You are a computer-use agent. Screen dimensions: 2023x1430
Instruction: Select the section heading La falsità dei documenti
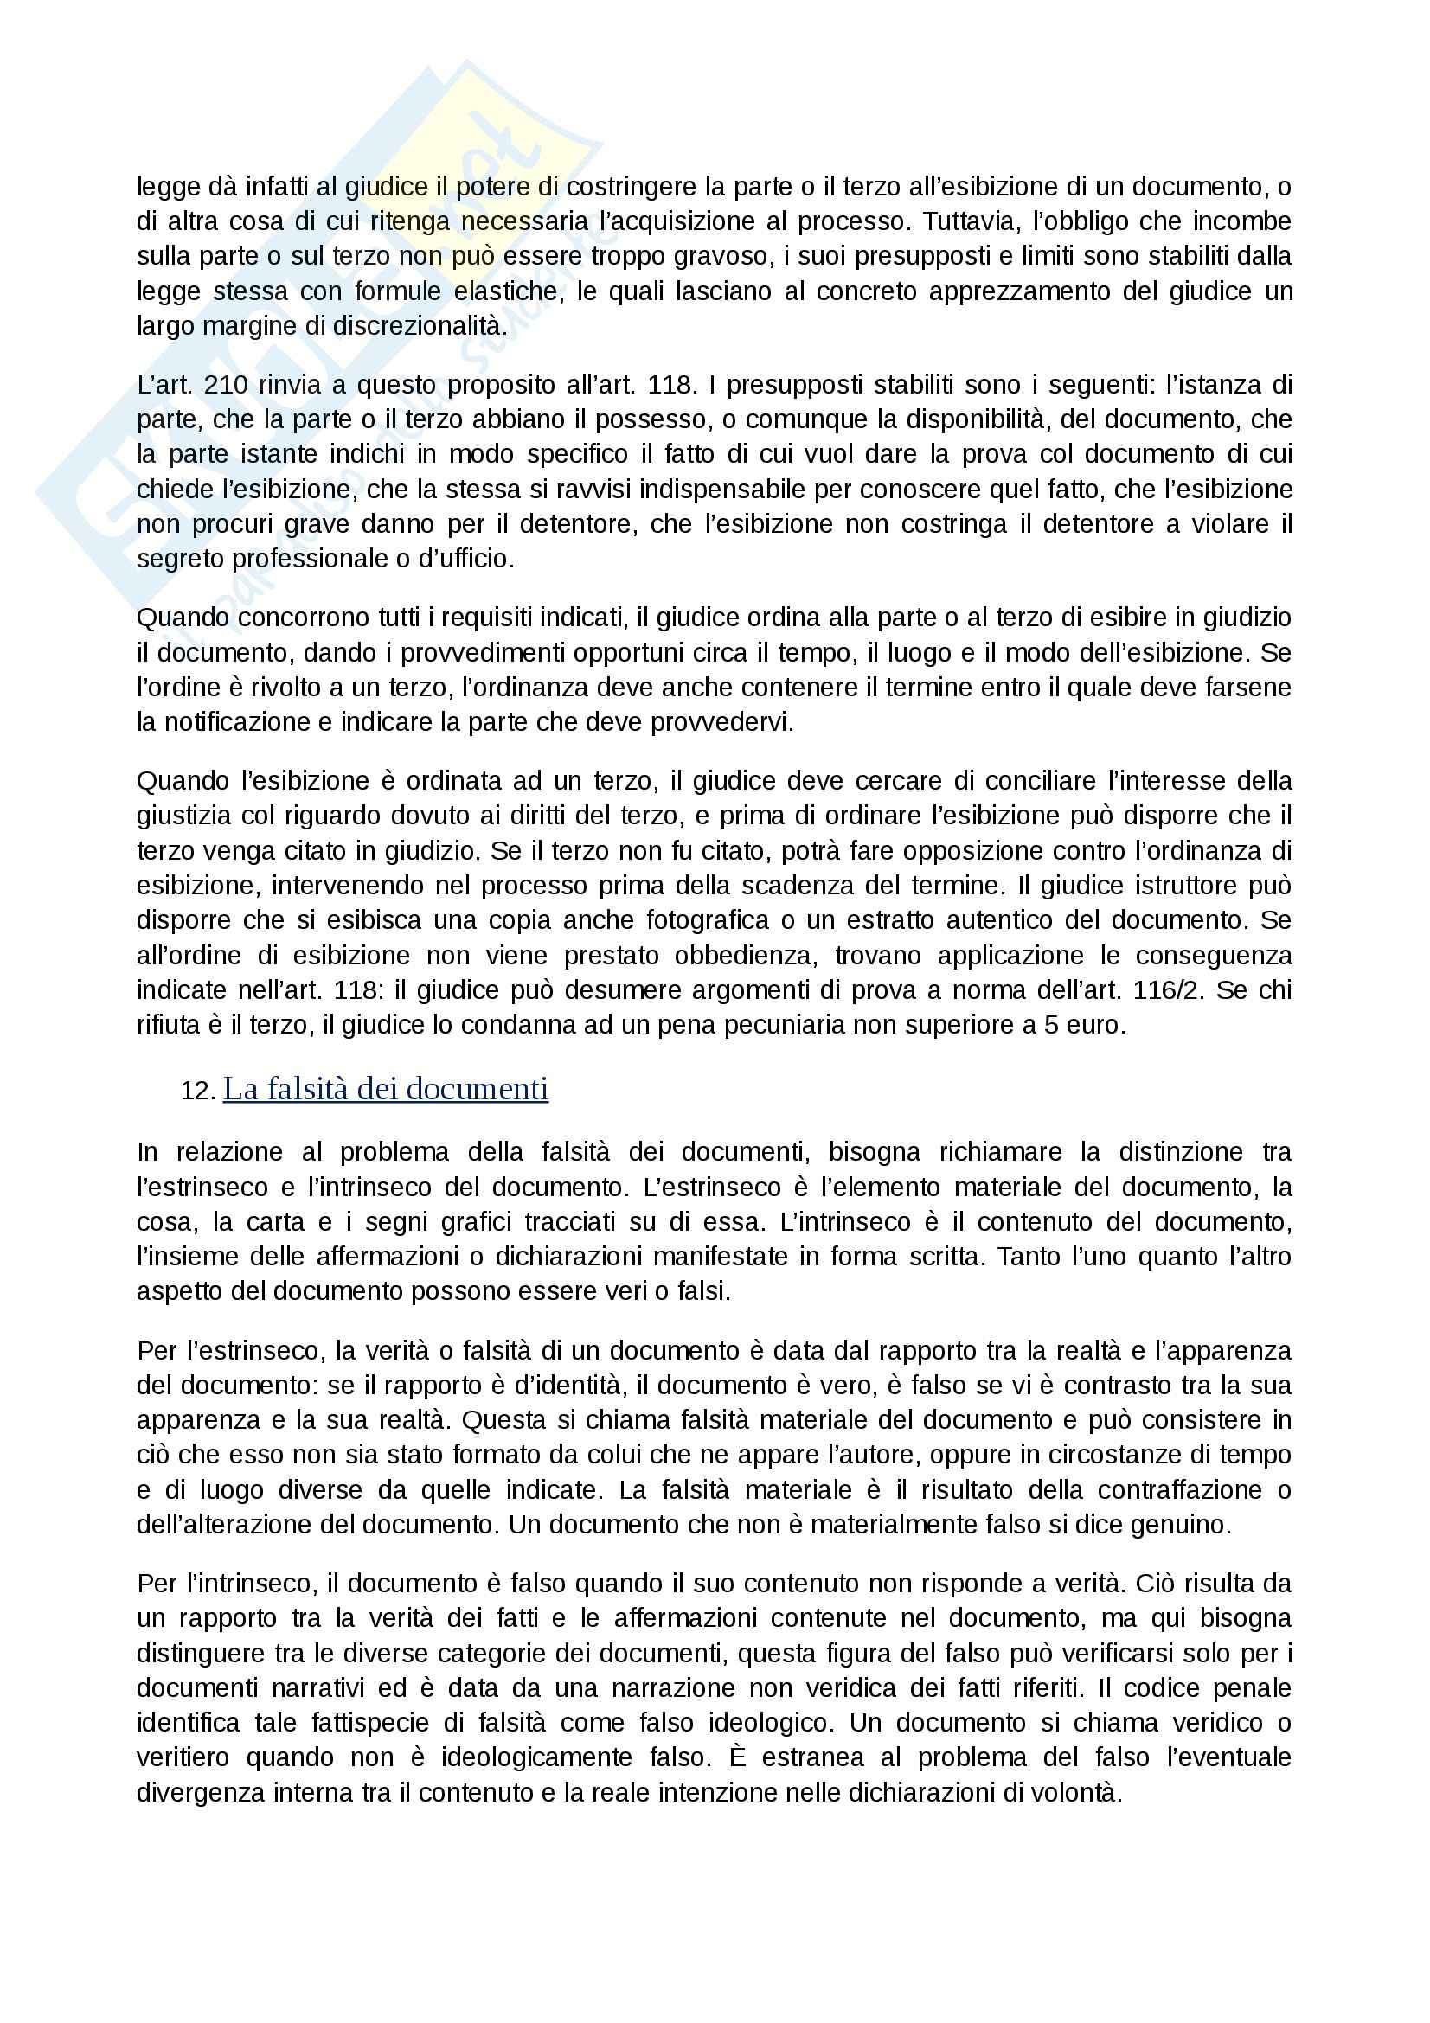pos(385,1089)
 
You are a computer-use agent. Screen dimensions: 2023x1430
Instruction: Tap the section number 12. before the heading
pos(198,1091)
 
